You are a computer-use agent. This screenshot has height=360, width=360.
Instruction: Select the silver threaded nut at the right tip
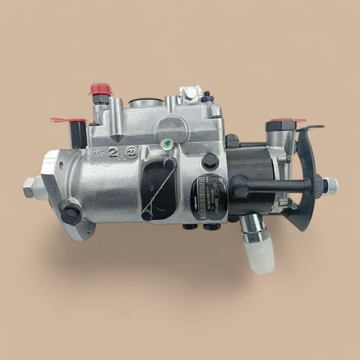tap(330, 183)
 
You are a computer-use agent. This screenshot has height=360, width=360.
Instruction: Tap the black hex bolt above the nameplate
tap(209, 161)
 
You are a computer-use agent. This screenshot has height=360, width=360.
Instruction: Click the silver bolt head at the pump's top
tap(191, 93)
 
